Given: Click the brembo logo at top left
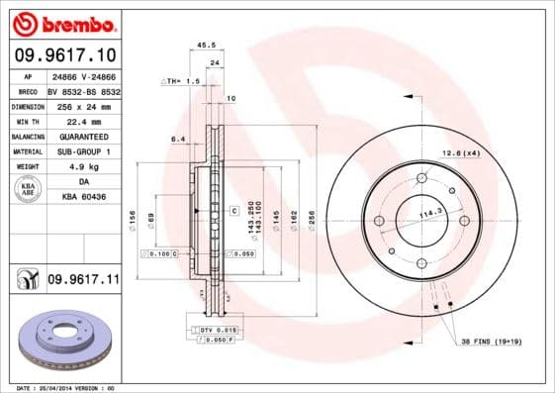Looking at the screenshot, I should [x=62, y=23].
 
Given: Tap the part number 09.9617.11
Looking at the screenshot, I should [x=83, y=280].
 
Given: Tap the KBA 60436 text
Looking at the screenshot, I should [x=85, y=198].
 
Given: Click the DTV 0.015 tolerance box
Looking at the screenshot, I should [x=214, y=328].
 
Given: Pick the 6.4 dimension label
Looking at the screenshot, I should [x=177, y=140].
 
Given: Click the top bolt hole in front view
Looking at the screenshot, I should [x=420, y=178].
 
